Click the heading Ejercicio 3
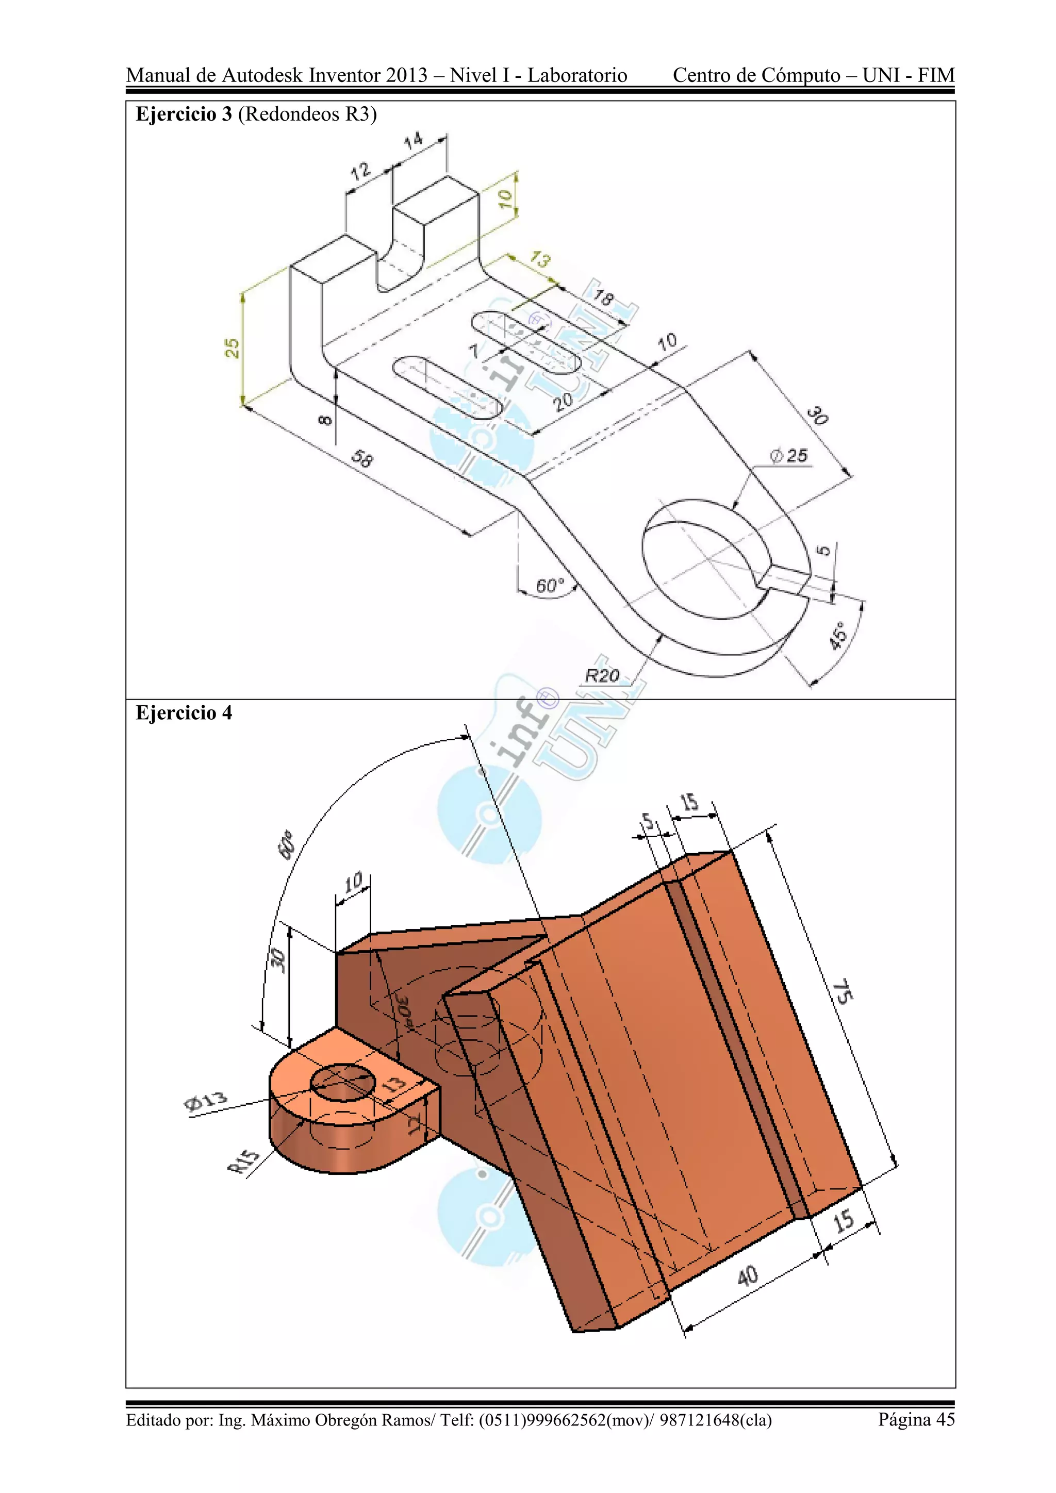tap(184, 114)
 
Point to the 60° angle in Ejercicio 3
tap(550, 586)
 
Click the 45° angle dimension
tap(839, 635)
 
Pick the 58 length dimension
tap(362, 459)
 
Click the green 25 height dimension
tap(232, 348)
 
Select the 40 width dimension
tap(747, 1275)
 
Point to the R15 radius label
tap(244, 1162)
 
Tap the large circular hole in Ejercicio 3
tap(705, 559)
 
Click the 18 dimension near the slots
tap(603, 298)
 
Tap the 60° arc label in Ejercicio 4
tap(287, 845)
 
